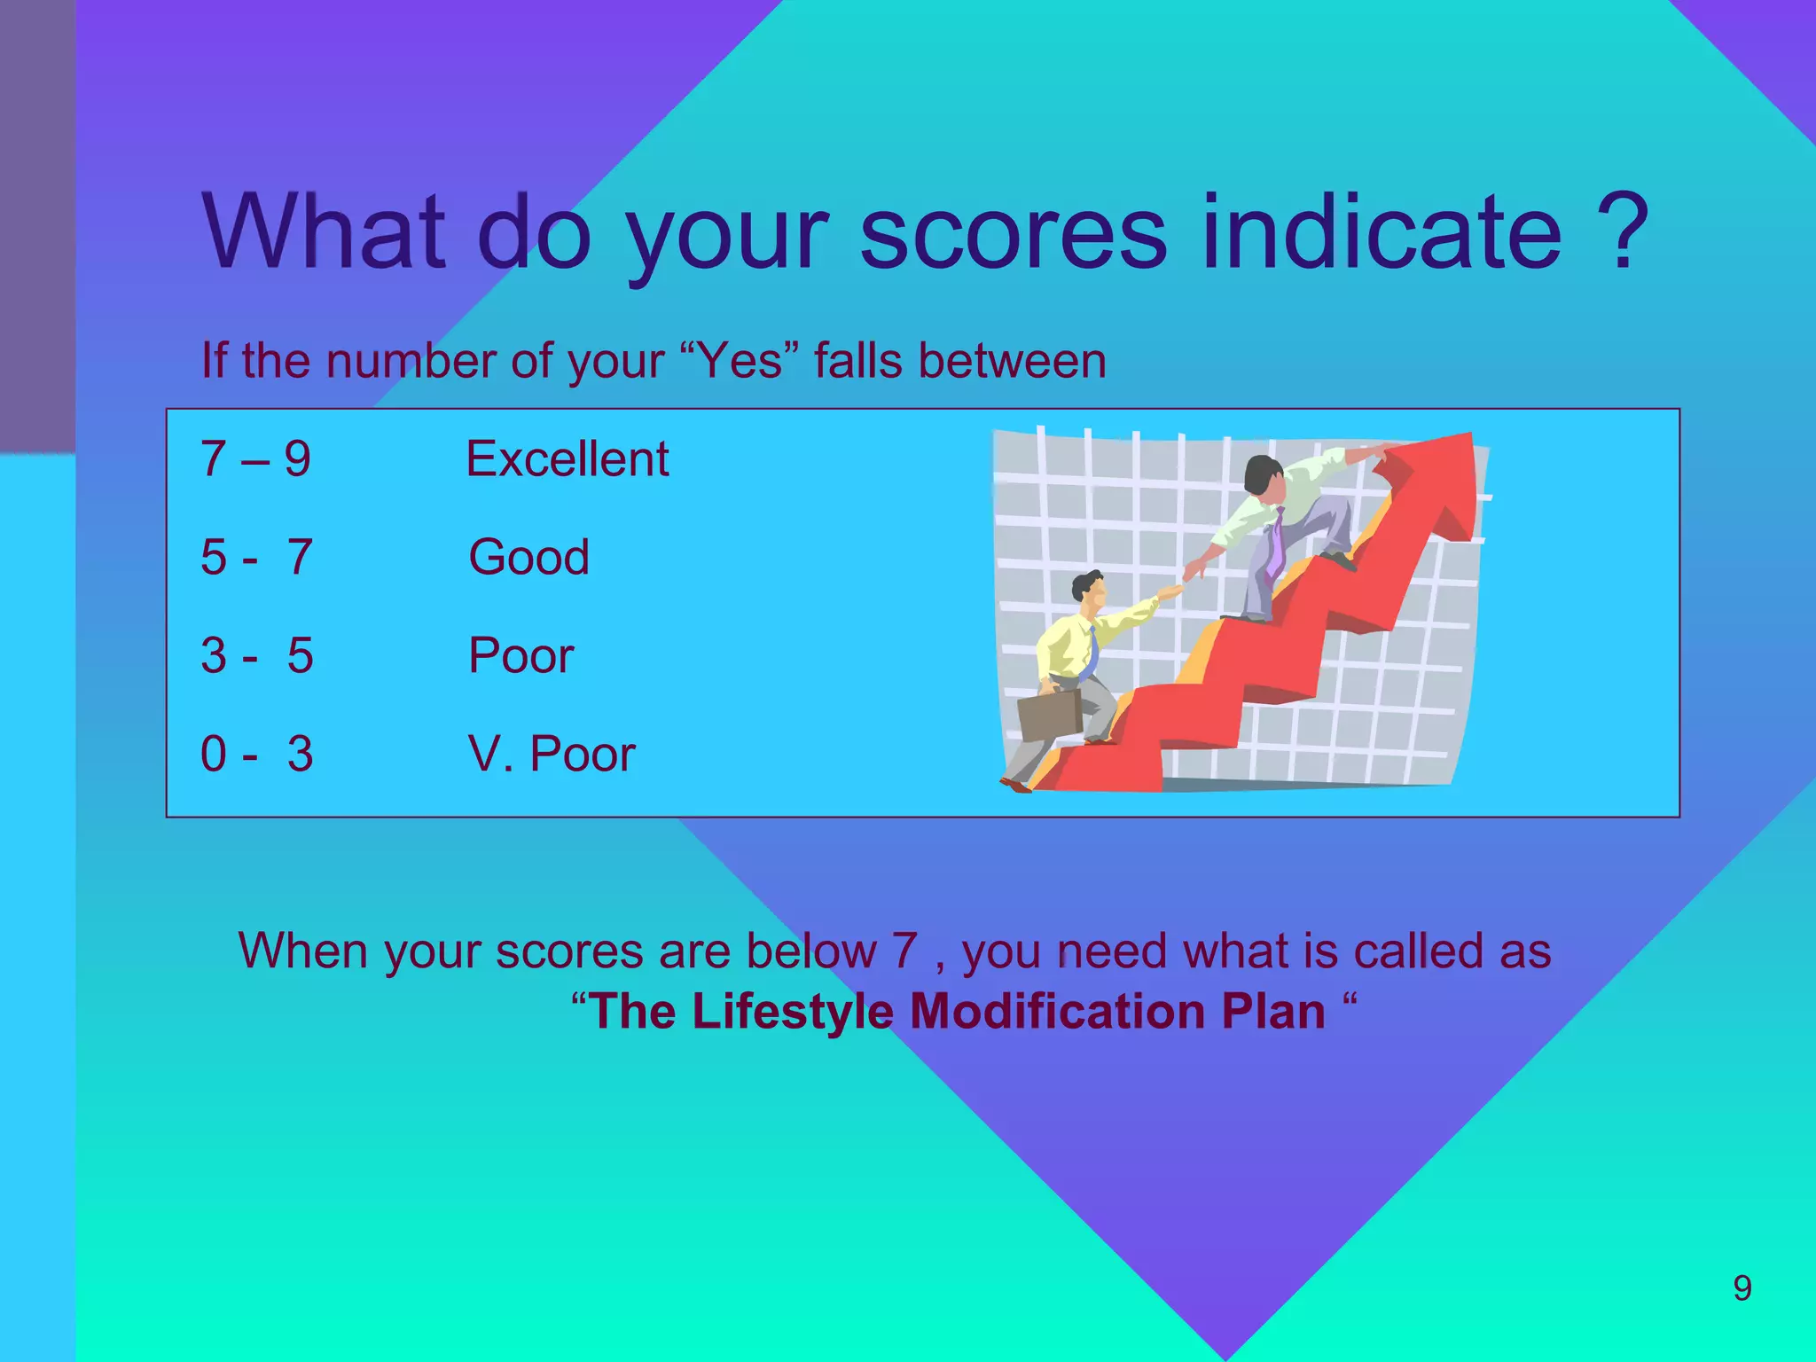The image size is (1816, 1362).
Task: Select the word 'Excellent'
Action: pos(567,459)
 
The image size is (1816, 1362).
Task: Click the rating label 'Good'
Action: pos(528,558)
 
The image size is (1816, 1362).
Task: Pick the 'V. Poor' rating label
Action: pos(552,755)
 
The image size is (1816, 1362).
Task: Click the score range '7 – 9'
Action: pos(255,459)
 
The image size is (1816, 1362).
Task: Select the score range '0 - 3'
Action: pos(256,755)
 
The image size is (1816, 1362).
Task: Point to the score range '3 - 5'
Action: pos(256,656)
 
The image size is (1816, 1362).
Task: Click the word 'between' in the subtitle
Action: pos(1012,361)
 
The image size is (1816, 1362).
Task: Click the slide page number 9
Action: pos(1742,1288)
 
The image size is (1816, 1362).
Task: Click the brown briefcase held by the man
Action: pos(1049,715)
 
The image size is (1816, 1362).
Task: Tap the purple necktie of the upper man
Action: pos(1275,543)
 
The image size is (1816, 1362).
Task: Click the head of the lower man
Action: pos(1088,589)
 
